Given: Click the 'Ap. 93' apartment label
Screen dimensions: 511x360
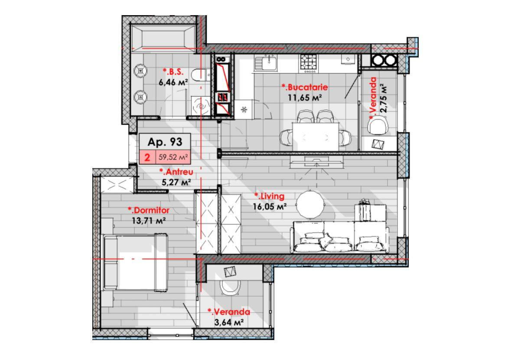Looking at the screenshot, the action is [165, 142].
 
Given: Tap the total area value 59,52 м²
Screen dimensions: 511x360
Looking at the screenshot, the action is [173, 157].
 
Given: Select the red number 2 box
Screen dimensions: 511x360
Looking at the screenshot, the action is [147, 157].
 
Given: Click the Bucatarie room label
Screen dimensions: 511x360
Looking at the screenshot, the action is [305, 88].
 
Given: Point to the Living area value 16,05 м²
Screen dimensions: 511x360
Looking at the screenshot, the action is [270, 206].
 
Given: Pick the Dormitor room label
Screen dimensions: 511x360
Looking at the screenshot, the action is [149, 210].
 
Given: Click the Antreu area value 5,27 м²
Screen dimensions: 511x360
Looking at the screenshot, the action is [176, 182].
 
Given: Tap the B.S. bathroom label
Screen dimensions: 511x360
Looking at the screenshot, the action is [173, 71].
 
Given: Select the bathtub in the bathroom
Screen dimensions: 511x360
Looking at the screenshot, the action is [163, 38].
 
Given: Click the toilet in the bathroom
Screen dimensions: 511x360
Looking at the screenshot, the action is [199, 75].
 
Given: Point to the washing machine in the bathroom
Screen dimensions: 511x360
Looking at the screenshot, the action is [200, 106].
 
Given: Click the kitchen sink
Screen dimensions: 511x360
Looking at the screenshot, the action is [266, 63].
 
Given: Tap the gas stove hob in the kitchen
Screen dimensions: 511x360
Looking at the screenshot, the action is [308, 63].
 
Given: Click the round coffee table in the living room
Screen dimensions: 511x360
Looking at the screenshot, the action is [310, 204].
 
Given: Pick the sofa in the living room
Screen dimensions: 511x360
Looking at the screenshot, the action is [339, 237].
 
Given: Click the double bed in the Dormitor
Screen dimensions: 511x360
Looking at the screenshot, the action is [135, 262].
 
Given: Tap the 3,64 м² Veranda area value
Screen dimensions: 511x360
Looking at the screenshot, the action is [229, 323].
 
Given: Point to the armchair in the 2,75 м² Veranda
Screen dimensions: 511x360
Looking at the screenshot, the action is [378, 125].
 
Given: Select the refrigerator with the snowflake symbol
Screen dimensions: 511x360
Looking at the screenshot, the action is [244, 110].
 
